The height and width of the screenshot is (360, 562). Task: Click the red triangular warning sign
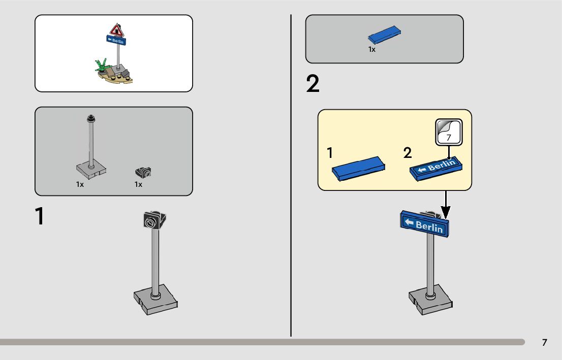(116, 30)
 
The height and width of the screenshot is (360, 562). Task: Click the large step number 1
(40, 216)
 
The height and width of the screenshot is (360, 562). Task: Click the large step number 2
(313, 84)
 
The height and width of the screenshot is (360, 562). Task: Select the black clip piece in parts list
(143, 173)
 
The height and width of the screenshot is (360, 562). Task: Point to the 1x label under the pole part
(80, 184)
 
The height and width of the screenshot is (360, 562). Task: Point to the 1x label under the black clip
(138, 184)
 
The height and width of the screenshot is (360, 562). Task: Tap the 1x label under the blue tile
(371, 49)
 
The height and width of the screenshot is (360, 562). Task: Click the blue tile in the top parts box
(384, 34)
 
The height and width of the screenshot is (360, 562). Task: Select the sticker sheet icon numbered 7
(449, 132)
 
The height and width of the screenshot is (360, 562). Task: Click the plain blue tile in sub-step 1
(358, 169)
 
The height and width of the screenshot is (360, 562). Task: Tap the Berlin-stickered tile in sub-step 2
(436, 169)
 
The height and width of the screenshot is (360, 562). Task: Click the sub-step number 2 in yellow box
(407, 153)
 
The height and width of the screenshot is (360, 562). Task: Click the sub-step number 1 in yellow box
(330, 153)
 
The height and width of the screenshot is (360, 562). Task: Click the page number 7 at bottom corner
(544, 342)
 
